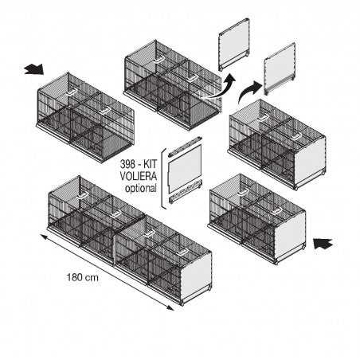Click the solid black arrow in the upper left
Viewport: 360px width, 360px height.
pyautogui.click(x=33, y=69)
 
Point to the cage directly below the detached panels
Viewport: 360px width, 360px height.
pyautogui.click(x=275, y=143)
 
